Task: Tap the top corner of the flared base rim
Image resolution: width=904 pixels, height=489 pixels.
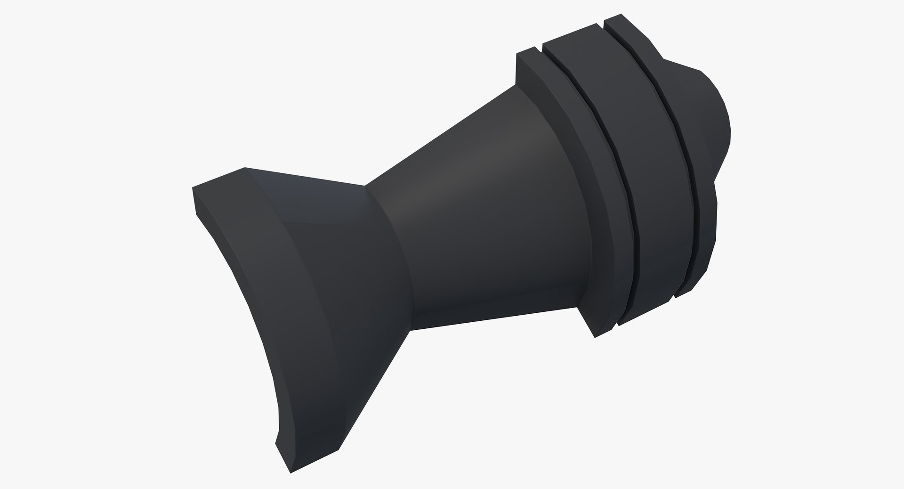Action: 244,168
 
